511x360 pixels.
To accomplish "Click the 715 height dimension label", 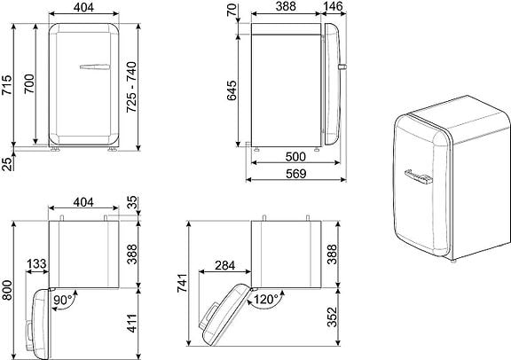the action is click(6, 85).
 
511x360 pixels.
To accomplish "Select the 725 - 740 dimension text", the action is click(131, 87).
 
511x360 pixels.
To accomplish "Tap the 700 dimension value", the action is click(29, 83).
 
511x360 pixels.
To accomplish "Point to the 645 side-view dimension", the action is click(232, 90).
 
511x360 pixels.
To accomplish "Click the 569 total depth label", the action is click(296, 174).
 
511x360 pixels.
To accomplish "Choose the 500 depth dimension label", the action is click(295, 157).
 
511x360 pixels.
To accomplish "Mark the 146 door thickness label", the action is click(334, 6).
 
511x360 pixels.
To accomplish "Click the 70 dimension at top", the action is click(232, 11).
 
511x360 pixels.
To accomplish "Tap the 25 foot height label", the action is click(6, 163).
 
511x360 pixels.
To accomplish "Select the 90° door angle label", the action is click(63, 300).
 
